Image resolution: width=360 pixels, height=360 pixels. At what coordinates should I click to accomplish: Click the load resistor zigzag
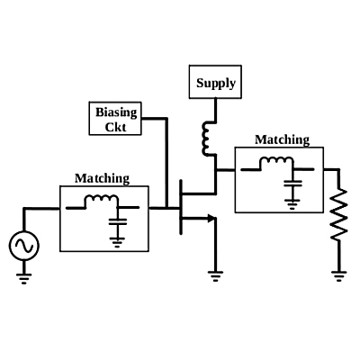pyautogui.click(x=339, y=214)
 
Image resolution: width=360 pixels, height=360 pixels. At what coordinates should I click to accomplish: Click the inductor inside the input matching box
pyautogui.click(x=102, y=199)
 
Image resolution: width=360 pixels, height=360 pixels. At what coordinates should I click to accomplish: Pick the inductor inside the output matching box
pyautogui.click(x=276, y=160)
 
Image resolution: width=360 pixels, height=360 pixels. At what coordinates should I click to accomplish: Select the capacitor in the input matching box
pyautogui.click(x=118, y=222)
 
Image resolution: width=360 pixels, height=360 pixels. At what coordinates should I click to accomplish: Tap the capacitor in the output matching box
pyautogui.click(x=292, y=184)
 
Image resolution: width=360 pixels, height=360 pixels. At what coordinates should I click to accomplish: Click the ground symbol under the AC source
pyautogui.click(x=24, y=278)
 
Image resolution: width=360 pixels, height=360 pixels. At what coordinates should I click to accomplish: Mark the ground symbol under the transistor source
pyautogui.click(x=215, y=276)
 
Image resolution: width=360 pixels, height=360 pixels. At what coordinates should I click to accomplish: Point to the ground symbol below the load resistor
pyautogui.click(x=339, y=276)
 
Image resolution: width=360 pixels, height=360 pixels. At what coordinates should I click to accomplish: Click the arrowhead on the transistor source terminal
pyautogui.click(x=211, y=219)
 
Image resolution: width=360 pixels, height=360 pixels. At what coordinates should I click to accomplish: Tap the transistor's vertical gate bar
pyautogui.click(x=181, y=207)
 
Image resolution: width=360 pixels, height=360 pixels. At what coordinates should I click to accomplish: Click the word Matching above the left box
pyautogui.click(x=102, y=178)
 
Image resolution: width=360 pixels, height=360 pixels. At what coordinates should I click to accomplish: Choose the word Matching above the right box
pyautogui.click(x=282, y=139)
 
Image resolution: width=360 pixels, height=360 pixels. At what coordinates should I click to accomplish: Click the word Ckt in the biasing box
pyautogui.click(x=115, y=127)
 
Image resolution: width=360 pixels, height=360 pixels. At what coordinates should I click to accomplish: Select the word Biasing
pyautogui.click(x=116, y=112)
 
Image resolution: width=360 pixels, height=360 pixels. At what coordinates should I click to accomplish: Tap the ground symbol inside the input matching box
pyautogui.click(x=117, y=242)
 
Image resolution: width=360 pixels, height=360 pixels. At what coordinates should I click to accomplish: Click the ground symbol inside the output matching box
pyautogui.click(x=292, y=204)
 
